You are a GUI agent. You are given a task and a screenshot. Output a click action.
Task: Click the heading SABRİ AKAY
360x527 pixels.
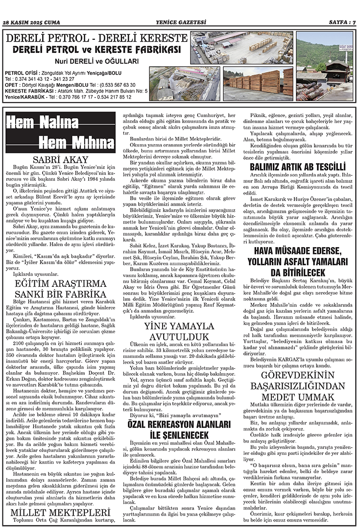tap(60, 159)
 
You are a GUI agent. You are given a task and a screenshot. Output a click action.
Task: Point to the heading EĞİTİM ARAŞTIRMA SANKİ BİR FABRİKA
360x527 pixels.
tap(60, 290)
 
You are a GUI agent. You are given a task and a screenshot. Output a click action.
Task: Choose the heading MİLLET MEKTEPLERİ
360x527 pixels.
tap(60, 513)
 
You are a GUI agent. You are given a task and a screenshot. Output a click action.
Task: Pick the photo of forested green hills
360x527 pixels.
tap(325, 48)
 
